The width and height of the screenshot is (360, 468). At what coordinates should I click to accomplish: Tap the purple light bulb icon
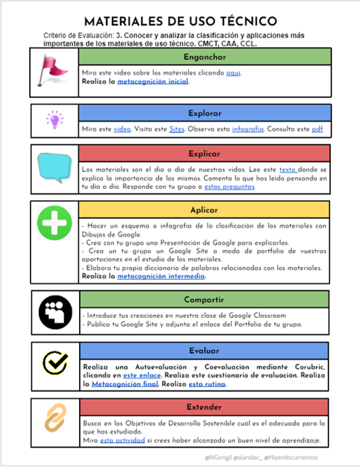pos(53,119)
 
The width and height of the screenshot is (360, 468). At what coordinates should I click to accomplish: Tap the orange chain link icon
pos(53,418)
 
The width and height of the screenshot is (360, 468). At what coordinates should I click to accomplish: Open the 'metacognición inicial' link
pos(153,82)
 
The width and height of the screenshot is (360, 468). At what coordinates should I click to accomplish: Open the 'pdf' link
pos(317,129)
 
